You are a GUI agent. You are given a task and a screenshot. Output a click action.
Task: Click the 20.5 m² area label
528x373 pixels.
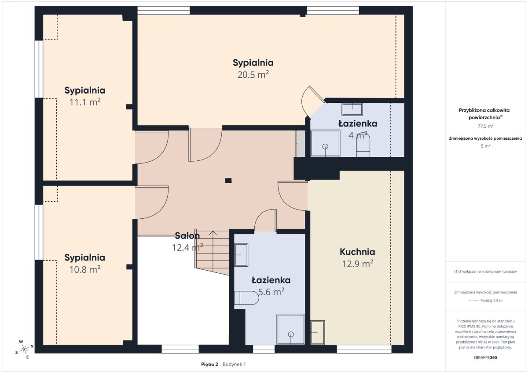click(253, 75)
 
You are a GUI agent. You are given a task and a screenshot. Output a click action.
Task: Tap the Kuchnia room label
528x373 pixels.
click(357, 252)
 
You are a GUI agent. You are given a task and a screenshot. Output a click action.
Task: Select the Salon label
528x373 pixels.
click(187, 235)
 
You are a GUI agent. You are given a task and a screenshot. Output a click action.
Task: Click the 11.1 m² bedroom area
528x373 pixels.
click(85, 102)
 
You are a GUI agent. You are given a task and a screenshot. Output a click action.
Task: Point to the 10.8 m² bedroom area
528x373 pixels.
click(85, 269)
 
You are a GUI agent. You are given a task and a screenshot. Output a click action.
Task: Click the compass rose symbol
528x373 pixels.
click(24, 349)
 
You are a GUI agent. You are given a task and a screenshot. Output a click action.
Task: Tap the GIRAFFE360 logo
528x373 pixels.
click(485, 358)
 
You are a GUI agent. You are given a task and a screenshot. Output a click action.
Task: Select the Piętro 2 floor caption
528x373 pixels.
click(209, 365)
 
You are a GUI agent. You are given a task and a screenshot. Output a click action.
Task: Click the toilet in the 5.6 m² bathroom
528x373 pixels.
click(246, 298)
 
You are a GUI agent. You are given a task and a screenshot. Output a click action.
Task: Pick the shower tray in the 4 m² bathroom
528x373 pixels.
click(325, 143)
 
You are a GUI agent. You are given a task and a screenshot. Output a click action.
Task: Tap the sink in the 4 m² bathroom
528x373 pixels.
click(352, 109)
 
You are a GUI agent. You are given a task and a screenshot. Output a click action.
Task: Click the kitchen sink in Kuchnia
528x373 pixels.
click(318, 332)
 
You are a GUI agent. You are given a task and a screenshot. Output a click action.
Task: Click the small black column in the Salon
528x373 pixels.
click(228, 181)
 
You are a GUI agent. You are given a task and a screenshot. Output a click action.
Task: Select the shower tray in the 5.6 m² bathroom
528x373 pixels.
click(291, 329)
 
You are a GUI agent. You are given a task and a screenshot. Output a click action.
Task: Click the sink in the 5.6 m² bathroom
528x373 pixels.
click(241, 255)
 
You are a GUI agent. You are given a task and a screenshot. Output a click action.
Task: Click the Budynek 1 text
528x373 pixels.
click(234, 365)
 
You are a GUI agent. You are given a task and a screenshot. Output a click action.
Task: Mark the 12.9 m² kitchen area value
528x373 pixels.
click(357, 264)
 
